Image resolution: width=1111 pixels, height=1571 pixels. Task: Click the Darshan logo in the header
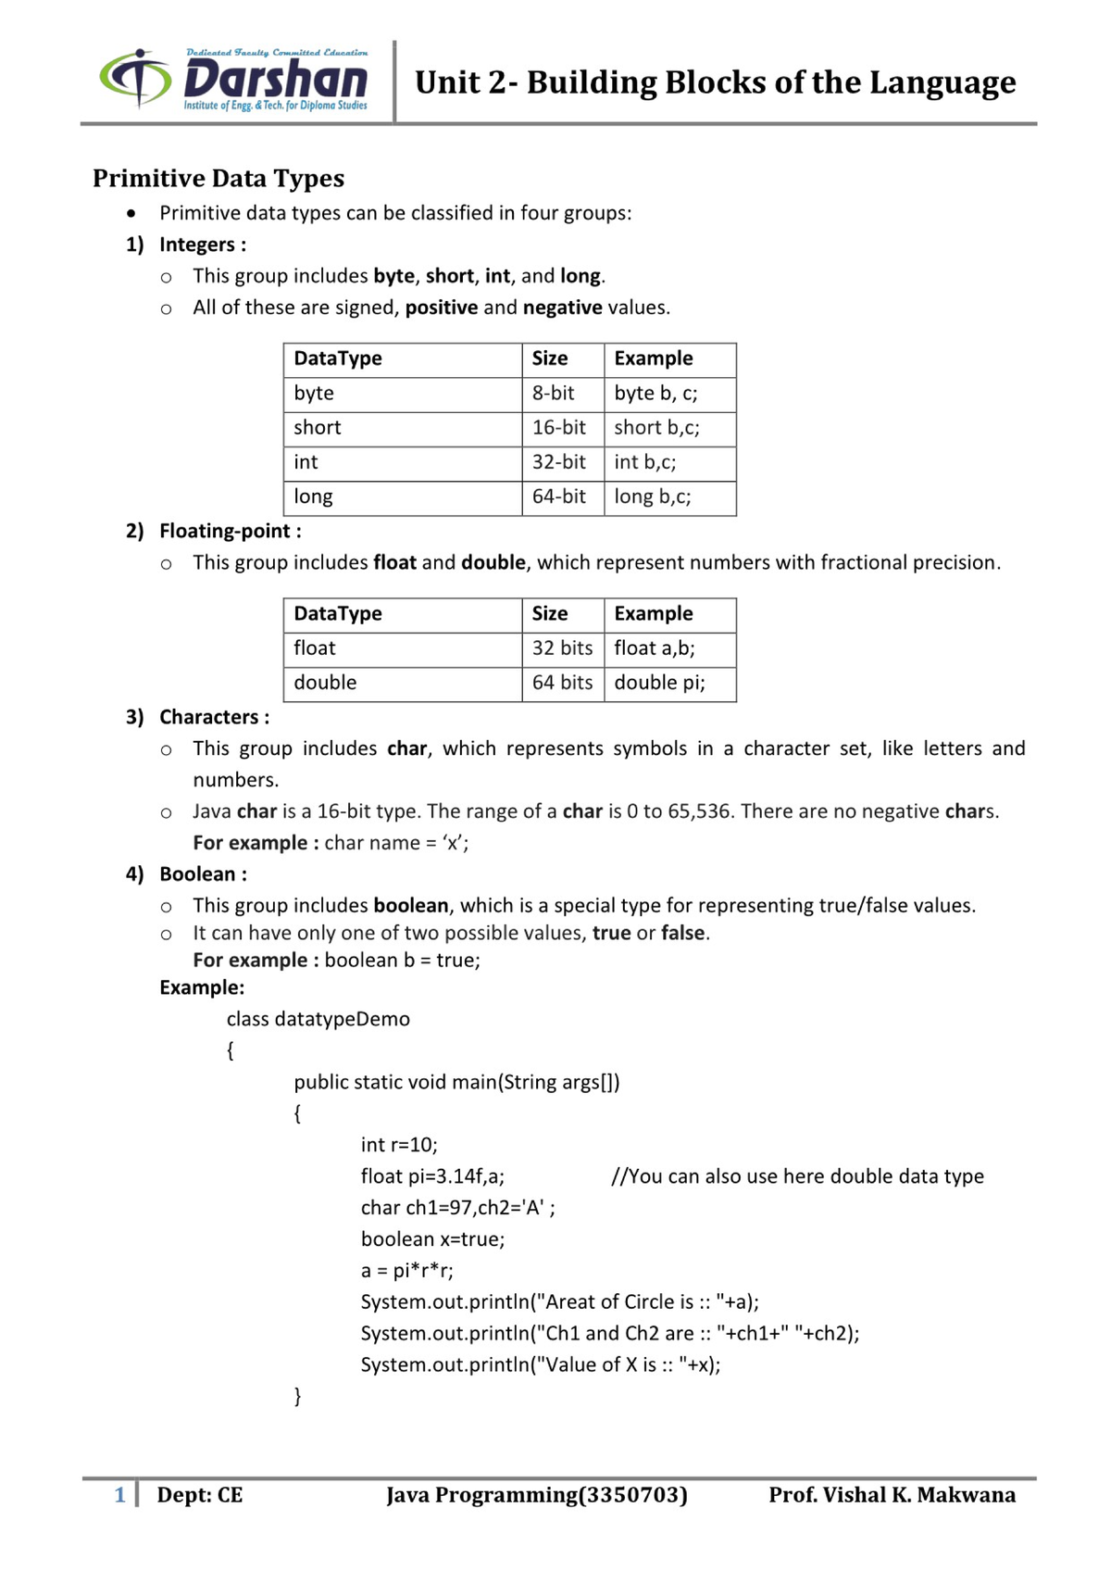tap(233, 81)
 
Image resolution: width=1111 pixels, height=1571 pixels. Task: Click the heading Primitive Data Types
tap(218, 178)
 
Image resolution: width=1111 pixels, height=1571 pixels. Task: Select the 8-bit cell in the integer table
tap(554, 393)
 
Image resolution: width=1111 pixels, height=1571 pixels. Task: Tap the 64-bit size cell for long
tap(559, 496)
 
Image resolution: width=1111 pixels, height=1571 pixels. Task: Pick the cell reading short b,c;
tap(656, 427)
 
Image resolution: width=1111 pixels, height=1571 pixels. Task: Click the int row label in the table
tap(306, 461)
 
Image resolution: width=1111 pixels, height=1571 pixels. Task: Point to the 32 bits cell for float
tap(562, 648)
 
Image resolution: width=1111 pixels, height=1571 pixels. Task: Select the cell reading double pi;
tap(659, 683)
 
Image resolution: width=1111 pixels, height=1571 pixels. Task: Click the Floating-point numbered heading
tap(230, 531)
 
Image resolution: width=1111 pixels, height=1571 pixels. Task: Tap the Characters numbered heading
tap(214, 717)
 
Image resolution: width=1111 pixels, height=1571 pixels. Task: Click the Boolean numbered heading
tap(203, 874)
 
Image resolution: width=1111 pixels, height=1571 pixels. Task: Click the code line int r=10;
tap(399, 1145)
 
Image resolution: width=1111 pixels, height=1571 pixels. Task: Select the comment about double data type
tap(797, 1176)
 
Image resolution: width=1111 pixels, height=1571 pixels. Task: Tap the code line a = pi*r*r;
tap(407, 1270)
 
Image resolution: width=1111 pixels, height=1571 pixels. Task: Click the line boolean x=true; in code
tap(432, 1239)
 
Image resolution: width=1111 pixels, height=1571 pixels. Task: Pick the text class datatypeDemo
tap(318, 1019)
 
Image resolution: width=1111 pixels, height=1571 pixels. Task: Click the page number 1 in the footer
tap(119, 1495)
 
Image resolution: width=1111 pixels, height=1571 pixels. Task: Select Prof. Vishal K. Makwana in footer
tap(891, 1495)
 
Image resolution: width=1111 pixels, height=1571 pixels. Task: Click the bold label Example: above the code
tap(202, 987)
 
